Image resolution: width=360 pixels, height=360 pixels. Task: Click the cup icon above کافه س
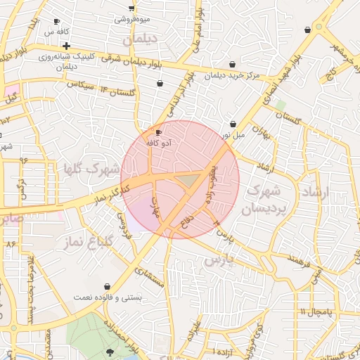click(57, 22)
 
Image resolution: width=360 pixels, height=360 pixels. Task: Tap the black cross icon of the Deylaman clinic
click(66, 46)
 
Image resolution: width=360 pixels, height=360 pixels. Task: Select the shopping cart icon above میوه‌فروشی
click(131, 8)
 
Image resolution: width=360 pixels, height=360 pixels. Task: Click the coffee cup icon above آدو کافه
click(158, 132)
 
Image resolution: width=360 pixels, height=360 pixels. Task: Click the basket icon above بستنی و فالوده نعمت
click(107, 286)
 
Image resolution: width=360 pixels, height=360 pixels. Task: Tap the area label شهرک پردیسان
click(265, 199)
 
